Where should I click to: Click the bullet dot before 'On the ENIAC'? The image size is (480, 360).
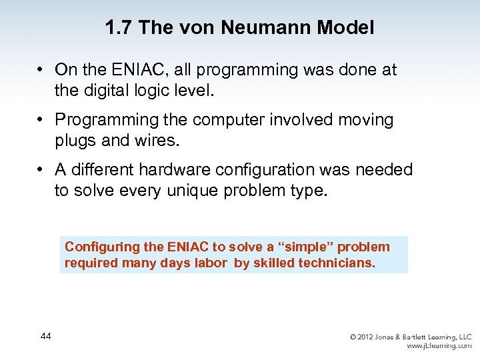[x=41, y=70]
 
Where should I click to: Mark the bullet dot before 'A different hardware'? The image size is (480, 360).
[x=41, y=170]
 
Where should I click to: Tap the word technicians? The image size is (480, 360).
[x=337, y=263]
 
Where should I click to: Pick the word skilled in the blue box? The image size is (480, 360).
[x=273, y=263]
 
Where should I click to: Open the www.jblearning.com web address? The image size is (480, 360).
[x=438, y=347]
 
